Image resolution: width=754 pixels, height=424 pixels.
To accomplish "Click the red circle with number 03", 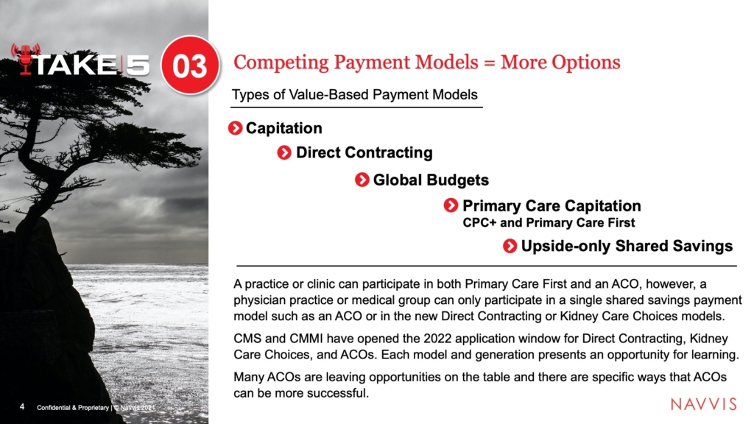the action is point(190,65).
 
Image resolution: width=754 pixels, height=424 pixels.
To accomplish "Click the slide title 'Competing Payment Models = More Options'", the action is point(426,63).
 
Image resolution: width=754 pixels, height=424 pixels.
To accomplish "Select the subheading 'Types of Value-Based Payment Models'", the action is point(354,94).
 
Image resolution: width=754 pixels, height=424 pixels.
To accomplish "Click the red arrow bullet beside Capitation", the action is point(235,128).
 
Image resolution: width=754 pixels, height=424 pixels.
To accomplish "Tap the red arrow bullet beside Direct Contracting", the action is point(284,153).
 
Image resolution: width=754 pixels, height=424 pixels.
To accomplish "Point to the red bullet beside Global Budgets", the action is point(362,180).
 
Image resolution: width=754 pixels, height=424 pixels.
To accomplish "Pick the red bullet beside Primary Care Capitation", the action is point(451,205).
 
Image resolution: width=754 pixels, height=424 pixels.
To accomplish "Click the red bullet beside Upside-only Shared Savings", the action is point(510,246).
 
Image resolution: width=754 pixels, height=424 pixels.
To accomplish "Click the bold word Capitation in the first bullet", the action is point(283,128).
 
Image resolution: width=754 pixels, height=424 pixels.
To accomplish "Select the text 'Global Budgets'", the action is point(431,180).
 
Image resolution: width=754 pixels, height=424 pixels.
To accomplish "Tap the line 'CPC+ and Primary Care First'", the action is point(549,222).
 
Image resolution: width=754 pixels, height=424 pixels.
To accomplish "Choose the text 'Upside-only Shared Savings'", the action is point(627,246).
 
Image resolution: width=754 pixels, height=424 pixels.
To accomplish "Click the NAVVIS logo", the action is point(703,404).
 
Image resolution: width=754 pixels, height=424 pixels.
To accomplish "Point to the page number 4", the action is point(22,406).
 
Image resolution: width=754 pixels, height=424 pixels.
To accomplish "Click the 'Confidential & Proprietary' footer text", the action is point(73,408).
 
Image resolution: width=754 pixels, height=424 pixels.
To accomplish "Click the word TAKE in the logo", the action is point(76,65).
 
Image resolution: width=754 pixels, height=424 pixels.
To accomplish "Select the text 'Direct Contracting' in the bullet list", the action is point(364,153).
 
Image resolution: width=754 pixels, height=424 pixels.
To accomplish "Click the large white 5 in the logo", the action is point(138,65).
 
